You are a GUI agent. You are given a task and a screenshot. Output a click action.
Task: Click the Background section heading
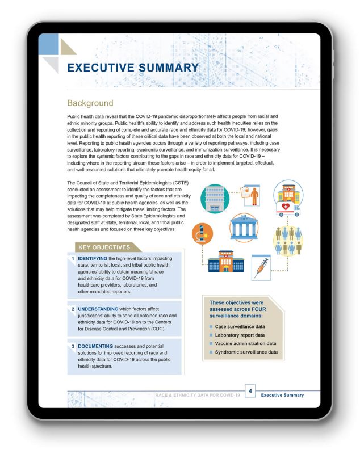click(x=90, y=103)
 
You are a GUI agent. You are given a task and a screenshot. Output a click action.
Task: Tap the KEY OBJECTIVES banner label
click(x=104, y=247)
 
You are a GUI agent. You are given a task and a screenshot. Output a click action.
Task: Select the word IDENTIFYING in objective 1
click(x=97, y=259)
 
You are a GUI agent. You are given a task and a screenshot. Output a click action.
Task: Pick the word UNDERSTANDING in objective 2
click(x=103, y=309)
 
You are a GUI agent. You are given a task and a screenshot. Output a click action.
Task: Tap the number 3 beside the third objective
click(x=73, y=345)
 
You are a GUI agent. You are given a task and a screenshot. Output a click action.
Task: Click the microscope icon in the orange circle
click(x=202, y=233)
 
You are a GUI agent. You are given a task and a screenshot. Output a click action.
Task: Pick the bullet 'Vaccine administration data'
click(x=245, y=343)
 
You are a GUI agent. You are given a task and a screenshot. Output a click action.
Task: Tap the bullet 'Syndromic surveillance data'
click(x=246, y=352)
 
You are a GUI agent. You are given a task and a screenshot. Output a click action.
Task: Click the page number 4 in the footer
click(x=250, y=391)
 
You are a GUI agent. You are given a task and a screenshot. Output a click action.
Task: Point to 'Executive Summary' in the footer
click(x=282, y=395)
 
